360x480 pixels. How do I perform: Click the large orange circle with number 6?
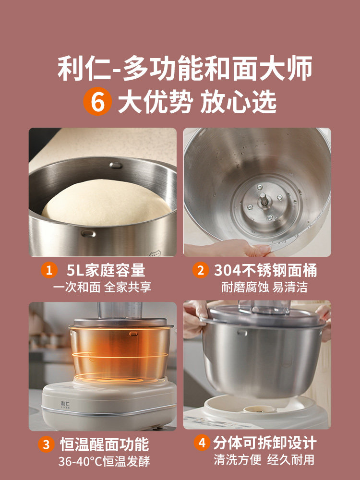tap(98, 102)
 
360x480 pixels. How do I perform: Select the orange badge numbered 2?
tap(201, 271)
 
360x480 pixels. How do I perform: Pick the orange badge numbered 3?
tap(47, 444)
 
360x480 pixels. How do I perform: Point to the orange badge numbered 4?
tap(201, 443)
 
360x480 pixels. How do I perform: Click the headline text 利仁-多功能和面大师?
tap(185, 69)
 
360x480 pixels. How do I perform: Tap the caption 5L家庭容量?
tap(106, 271)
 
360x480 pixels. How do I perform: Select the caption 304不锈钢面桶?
tap(265, 271)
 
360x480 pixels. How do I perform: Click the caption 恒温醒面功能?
tap(105, 444)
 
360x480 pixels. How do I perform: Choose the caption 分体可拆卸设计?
tap(265, 443)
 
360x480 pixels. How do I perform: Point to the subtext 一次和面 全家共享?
tap(102, 287)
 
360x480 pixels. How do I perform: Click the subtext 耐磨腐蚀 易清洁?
tap(264, 287)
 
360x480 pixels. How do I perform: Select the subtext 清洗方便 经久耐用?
tap(264, 459)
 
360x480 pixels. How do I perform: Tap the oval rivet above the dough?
tap(116, 165)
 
